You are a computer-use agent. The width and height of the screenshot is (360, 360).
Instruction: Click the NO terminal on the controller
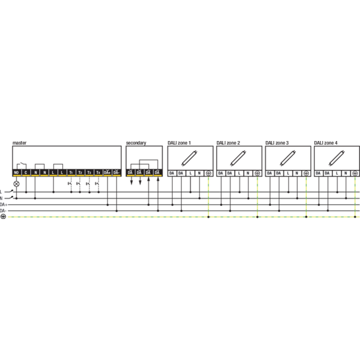[17, 173]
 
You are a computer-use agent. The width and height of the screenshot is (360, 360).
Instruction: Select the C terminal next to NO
[26, 173]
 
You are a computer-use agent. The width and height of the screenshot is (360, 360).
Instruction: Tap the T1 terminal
[71, 173]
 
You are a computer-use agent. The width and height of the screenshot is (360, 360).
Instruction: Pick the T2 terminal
[80, 173]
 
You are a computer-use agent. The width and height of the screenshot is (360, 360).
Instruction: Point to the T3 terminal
[89, 173]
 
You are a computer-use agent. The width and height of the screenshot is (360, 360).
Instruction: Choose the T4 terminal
[98, 173]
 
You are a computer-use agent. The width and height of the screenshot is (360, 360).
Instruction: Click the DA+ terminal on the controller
[107, 173]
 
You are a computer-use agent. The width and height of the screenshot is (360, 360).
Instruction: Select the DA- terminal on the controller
[116, 173]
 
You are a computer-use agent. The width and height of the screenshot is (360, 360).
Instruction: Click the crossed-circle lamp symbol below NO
[17, 182]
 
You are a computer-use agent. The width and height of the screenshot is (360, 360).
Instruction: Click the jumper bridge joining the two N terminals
[40, 165]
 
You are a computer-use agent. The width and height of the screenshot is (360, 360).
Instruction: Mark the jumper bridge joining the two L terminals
[58, 165]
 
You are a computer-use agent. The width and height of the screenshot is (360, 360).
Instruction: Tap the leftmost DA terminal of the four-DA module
[130, 173]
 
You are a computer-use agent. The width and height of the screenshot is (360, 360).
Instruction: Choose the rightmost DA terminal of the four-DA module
[157, 173]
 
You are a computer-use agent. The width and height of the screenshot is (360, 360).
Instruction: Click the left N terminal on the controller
[35, 173]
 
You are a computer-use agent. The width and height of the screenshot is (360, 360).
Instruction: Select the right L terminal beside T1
[62, 173]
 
